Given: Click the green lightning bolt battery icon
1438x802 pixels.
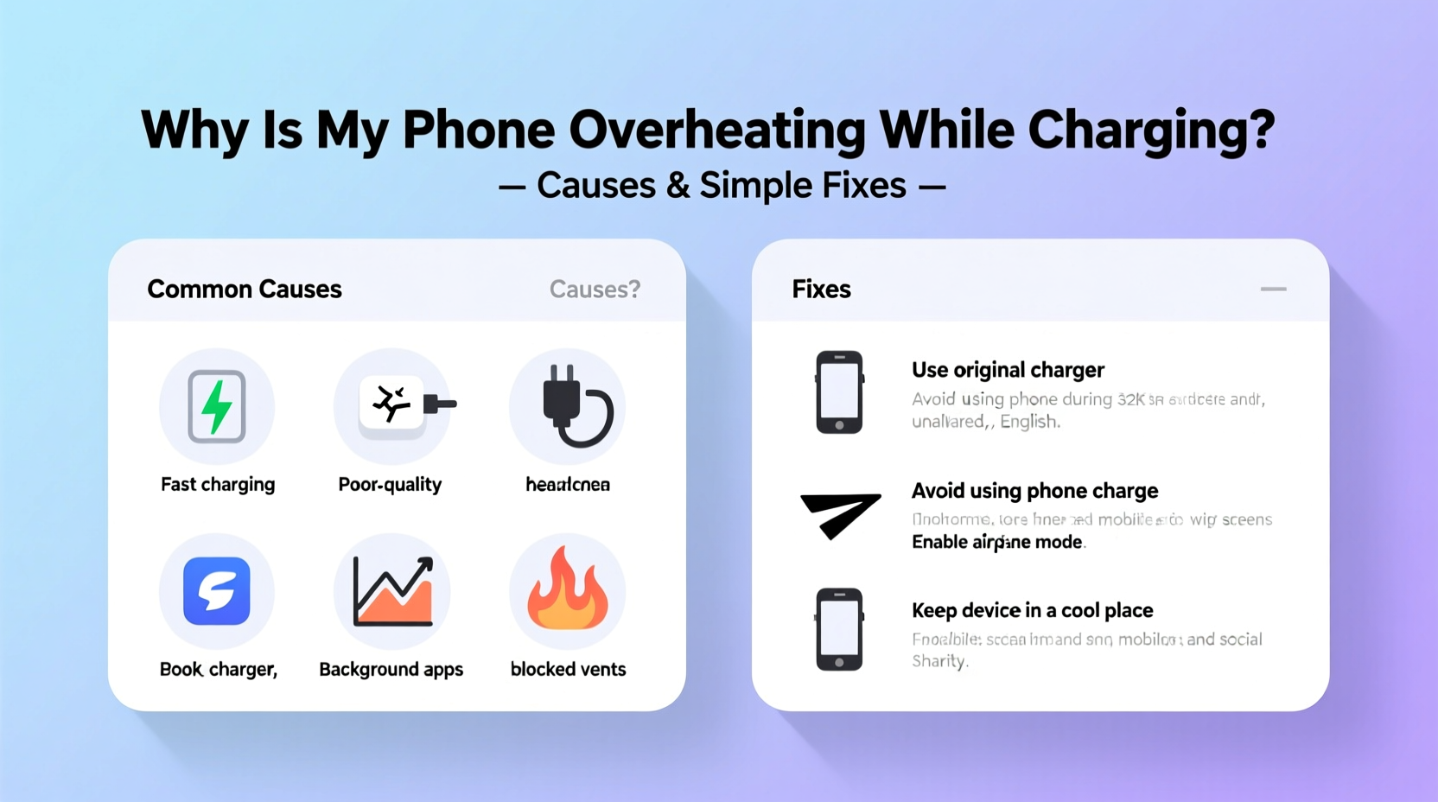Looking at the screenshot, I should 217,406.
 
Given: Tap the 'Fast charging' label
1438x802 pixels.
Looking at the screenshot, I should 218,485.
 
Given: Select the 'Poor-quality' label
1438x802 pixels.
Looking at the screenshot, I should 390,485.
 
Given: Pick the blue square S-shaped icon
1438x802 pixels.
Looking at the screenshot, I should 217,591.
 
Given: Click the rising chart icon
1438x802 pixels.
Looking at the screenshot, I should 393,592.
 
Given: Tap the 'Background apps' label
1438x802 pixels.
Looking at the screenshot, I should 391,670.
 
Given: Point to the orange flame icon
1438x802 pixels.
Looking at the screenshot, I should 567,589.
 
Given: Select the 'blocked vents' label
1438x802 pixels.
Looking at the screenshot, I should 568,670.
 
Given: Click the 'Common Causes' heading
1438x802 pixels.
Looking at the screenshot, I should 245,290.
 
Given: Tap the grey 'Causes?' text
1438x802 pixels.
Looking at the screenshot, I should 595,290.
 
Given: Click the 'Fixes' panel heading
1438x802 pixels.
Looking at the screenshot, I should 821,290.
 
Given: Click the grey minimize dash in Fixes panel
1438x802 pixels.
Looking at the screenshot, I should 1273,290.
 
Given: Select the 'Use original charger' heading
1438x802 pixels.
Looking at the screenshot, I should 1008,370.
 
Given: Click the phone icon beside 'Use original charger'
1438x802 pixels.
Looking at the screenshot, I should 839,392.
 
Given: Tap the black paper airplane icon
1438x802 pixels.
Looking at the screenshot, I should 839,514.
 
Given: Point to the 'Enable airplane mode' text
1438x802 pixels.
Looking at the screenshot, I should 997,542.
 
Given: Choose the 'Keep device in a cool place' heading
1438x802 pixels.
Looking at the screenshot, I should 1032,611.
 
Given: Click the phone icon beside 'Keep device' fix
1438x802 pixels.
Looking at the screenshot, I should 839,629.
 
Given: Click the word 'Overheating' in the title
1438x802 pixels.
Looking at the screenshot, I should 716,130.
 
